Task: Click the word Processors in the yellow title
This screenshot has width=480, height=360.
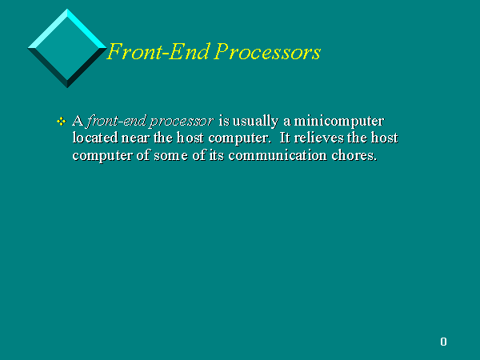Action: tap(267, 52)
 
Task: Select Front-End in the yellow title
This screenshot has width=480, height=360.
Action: tap(159, 51)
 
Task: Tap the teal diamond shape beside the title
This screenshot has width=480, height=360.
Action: tap(67, 48)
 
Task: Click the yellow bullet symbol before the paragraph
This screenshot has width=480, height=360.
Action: tap(62, 122)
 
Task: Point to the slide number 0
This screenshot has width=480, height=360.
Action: tap(443, 342)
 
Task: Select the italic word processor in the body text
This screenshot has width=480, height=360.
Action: tap(182, 122)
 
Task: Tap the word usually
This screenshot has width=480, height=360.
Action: tap(255, 122)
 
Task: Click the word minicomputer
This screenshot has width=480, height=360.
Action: tap(339, 122)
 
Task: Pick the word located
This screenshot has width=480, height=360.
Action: tap(95, 138)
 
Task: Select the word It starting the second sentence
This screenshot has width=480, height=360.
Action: tap(284, 138)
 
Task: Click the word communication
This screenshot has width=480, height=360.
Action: tap(278, 155)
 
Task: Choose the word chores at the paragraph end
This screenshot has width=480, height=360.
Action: tap(354, 155)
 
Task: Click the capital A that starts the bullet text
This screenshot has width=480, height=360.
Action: tap(78, 121)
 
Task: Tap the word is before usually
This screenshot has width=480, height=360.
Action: tap(224, 122)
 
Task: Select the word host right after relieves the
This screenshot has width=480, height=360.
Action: tap(385, 138)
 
